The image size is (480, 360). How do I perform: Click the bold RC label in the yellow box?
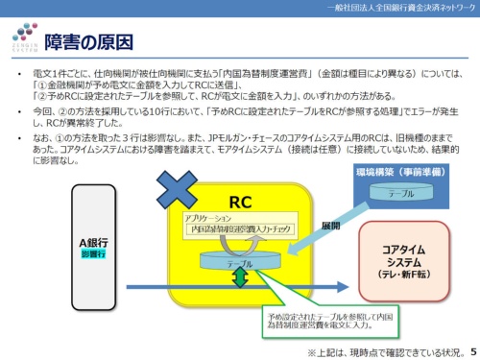click(240, 202)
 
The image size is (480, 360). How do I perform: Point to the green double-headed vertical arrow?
click(239, 276)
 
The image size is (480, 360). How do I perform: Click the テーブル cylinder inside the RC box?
click(239, 261)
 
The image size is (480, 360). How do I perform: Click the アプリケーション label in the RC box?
click(214, 220)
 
